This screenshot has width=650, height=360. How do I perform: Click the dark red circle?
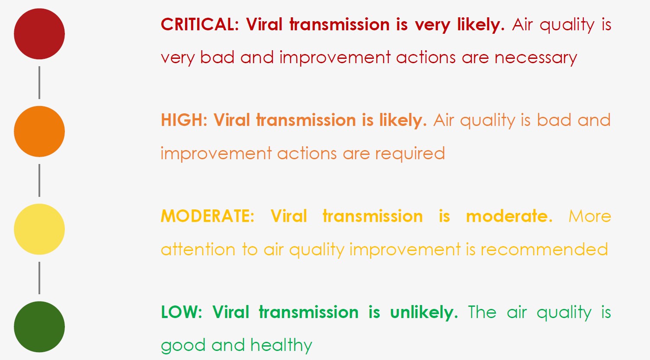point(39,34)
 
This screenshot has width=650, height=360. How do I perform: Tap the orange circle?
point(39,131)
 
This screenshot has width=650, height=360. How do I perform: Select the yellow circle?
point(39,229)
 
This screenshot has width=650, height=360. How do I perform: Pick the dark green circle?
point(39,327)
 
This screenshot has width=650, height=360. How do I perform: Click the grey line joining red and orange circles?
point(39,83)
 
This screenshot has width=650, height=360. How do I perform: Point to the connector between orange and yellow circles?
point(39,180)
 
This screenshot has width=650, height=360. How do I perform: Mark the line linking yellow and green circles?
point(39,278)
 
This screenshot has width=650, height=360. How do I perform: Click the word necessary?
point(536,58)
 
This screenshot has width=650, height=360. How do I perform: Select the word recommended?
point(544,249)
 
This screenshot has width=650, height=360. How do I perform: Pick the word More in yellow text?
point(589,216)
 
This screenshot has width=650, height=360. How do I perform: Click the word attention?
point(198,249)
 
